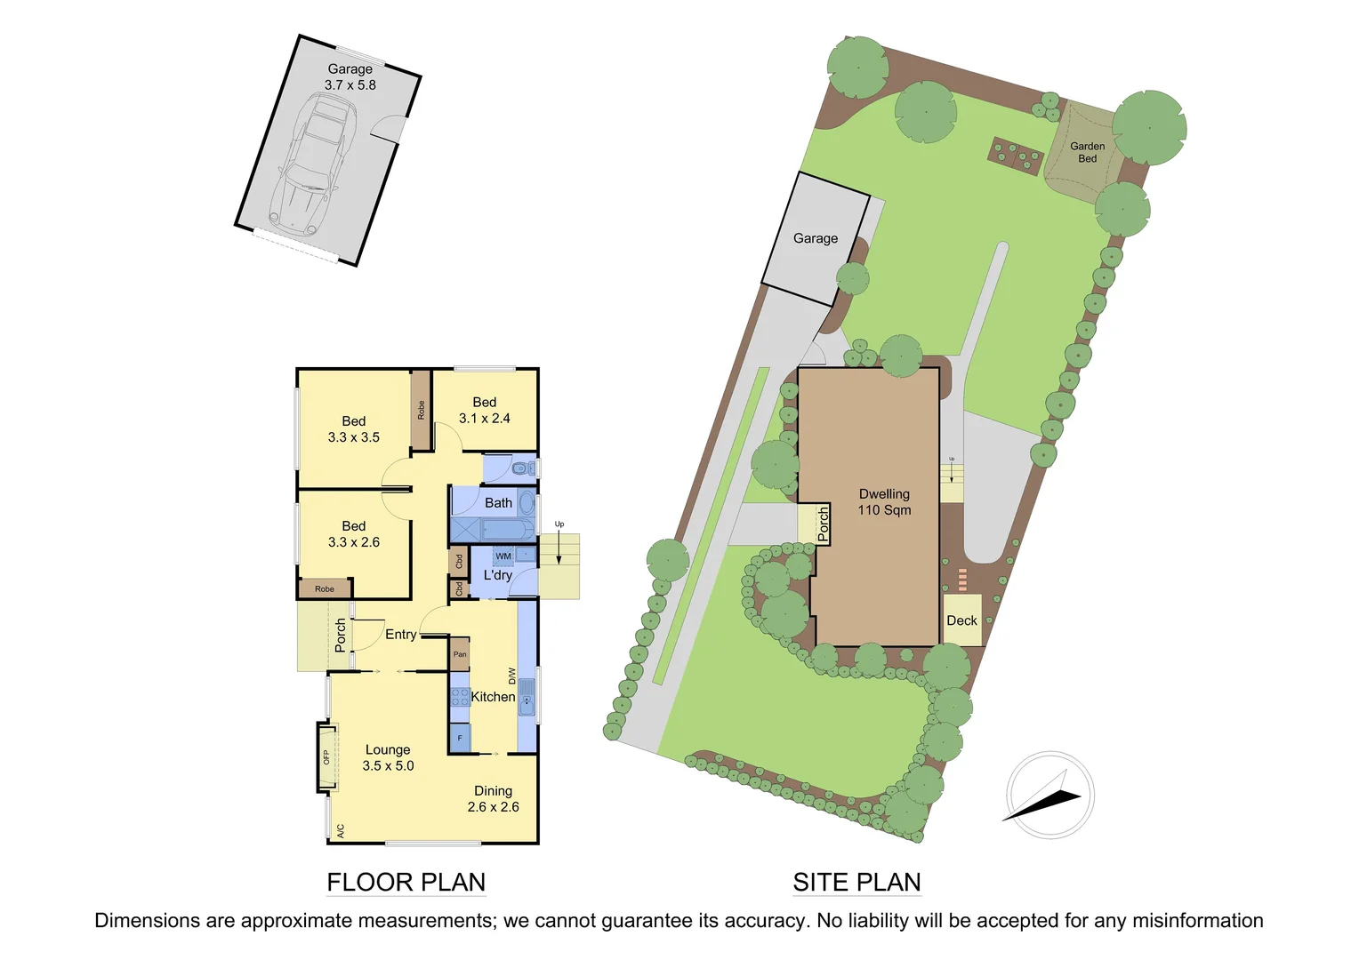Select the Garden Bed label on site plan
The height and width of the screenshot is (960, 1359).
pos(1087,152)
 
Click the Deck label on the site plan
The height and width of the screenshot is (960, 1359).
pos(961,620)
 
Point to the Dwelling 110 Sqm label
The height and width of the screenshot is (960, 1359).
pos(884,502)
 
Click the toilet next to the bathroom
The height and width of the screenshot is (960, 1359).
pos(520,468)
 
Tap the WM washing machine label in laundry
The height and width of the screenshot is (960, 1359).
pos(503,556)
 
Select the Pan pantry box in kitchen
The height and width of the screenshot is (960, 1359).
pos(459,654)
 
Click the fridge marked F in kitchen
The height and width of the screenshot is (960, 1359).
pos(460,738)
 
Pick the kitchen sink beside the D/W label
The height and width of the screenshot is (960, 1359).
pos(527,699)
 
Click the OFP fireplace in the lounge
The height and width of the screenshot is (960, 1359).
pos(327,757)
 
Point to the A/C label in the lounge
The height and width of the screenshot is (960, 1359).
pos(340,831)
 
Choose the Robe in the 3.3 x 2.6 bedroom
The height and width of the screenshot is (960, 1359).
pos(325,588)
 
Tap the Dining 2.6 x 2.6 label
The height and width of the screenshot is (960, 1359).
pos(493,799)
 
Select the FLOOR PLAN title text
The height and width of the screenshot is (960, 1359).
pos(406,883)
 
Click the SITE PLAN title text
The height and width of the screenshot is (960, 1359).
pos(856,883)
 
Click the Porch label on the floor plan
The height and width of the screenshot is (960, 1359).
pos(341,635)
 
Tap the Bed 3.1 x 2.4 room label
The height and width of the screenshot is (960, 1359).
pos(485,411)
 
